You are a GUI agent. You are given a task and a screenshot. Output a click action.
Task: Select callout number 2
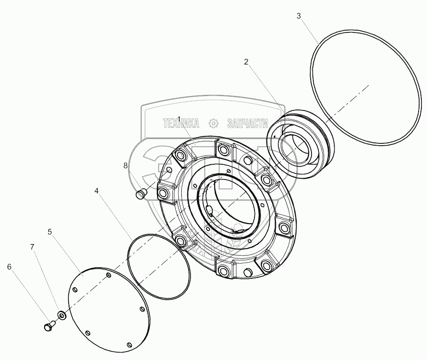(x=246, y=62)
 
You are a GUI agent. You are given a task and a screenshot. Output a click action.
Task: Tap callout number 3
(x=299, y=16)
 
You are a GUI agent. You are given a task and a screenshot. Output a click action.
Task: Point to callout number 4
(x=96, y=190)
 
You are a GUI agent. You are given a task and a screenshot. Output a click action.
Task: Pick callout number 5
(x=50, y=231)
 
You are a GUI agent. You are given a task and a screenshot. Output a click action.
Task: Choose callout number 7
(x=32, y=247)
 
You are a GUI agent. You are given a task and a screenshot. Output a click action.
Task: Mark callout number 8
(x=125, y=165)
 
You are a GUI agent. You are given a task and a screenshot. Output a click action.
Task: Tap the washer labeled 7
(x=61, y=316)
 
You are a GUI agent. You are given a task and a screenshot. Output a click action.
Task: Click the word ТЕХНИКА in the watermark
(x=181, y=123)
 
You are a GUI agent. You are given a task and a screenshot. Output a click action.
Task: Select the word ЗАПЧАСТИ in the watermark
(x=248, y=123)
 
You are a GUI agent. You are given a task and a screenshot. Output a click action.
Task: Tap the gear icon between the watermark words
(x=214, y=123)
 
